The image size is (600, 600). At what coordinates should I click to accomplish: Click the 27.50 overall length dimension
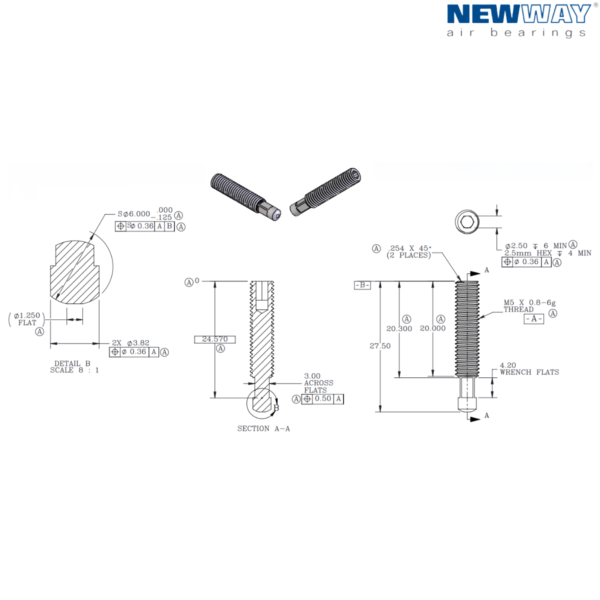(x=380, y=346)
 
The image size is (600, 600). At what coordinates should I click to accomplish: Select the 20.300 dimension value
(x=399, y=328)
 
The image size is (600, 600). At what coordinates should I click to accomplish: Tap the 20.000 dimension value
(x=432, y=328)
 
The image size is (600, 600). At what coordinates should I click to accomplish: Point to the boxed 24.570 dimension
(x=214, y=339)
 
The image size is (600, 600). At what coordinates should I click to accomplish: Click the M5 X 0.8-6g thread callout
(x=529, y=302)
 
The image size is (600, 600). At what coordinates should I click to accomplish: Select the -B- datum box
(x=362, y=285)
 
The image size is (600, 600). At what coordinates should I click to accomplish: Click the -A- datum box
(x=533, y=319)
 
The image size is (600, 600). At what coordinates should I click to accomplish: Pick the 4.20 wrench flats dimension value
(x=507, y=365)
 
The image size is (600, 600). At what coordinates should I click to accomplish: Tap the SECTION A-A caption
(x=263, y=428)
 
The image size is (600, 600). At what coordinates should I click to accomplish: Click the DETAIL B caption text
(x=72, y=363)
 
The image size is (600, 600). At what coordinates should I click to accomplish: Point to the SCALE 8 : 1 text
(x=74, y=370)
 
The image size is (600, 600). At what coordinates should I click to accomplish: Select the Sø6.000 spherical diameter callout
(x=134, y=214)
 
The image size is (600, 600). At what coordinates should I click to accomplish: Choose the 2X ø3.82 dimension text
(x=130, y=343)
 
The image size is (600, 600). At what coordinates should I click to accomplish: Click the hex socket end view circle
(x=467, y=222)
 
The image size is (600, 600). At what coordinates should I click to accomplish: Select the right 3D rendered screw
(x=325, y=192)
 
